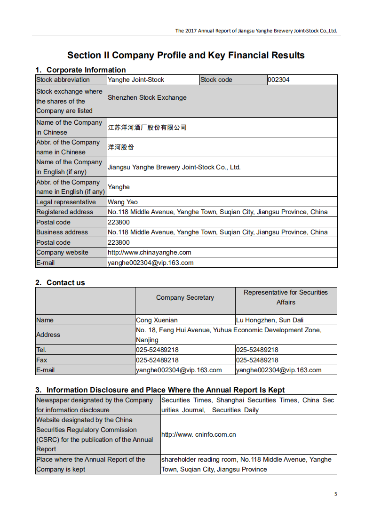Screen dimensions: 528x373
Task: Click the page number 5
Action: (335, 494)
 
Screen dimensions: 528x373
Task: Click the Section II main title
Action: (186, 55)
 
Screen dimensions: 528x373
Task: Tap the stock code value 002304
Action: (278, 80)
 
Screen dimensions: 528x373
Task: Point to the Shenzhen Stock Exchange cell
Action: (147, 97)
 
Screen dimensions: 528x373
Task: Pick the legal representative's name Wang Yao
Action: (123, 202)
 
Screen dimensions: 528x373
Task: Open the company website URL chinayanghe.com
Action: (150, 252)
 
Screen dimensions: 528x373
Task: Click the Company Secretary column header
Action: (185, 297)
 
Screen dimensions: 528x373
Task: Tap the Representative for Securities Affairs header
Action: (286, 297)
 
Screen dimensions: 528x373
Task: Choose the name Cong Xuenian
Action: (157, 320)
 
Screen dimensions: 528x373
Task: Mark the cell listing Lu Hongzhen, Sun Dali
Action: (270, 320)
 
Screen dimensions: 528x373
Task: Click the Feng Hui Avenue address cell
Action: (229, 335)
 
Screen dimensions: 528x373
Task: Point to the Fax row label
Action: (42, 360)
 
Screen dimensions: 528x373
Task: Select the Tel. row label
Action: (41, 350)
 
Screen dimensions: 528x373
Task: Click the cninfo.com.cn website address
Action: (198, 434)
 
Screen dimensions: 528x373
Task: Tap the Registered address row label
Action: (64, 212)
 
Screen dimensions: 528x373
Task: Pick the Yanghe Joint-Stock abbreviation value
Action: (136, 80)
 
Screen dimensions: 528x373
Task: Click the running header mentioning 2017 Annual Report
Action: (256, 31)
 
